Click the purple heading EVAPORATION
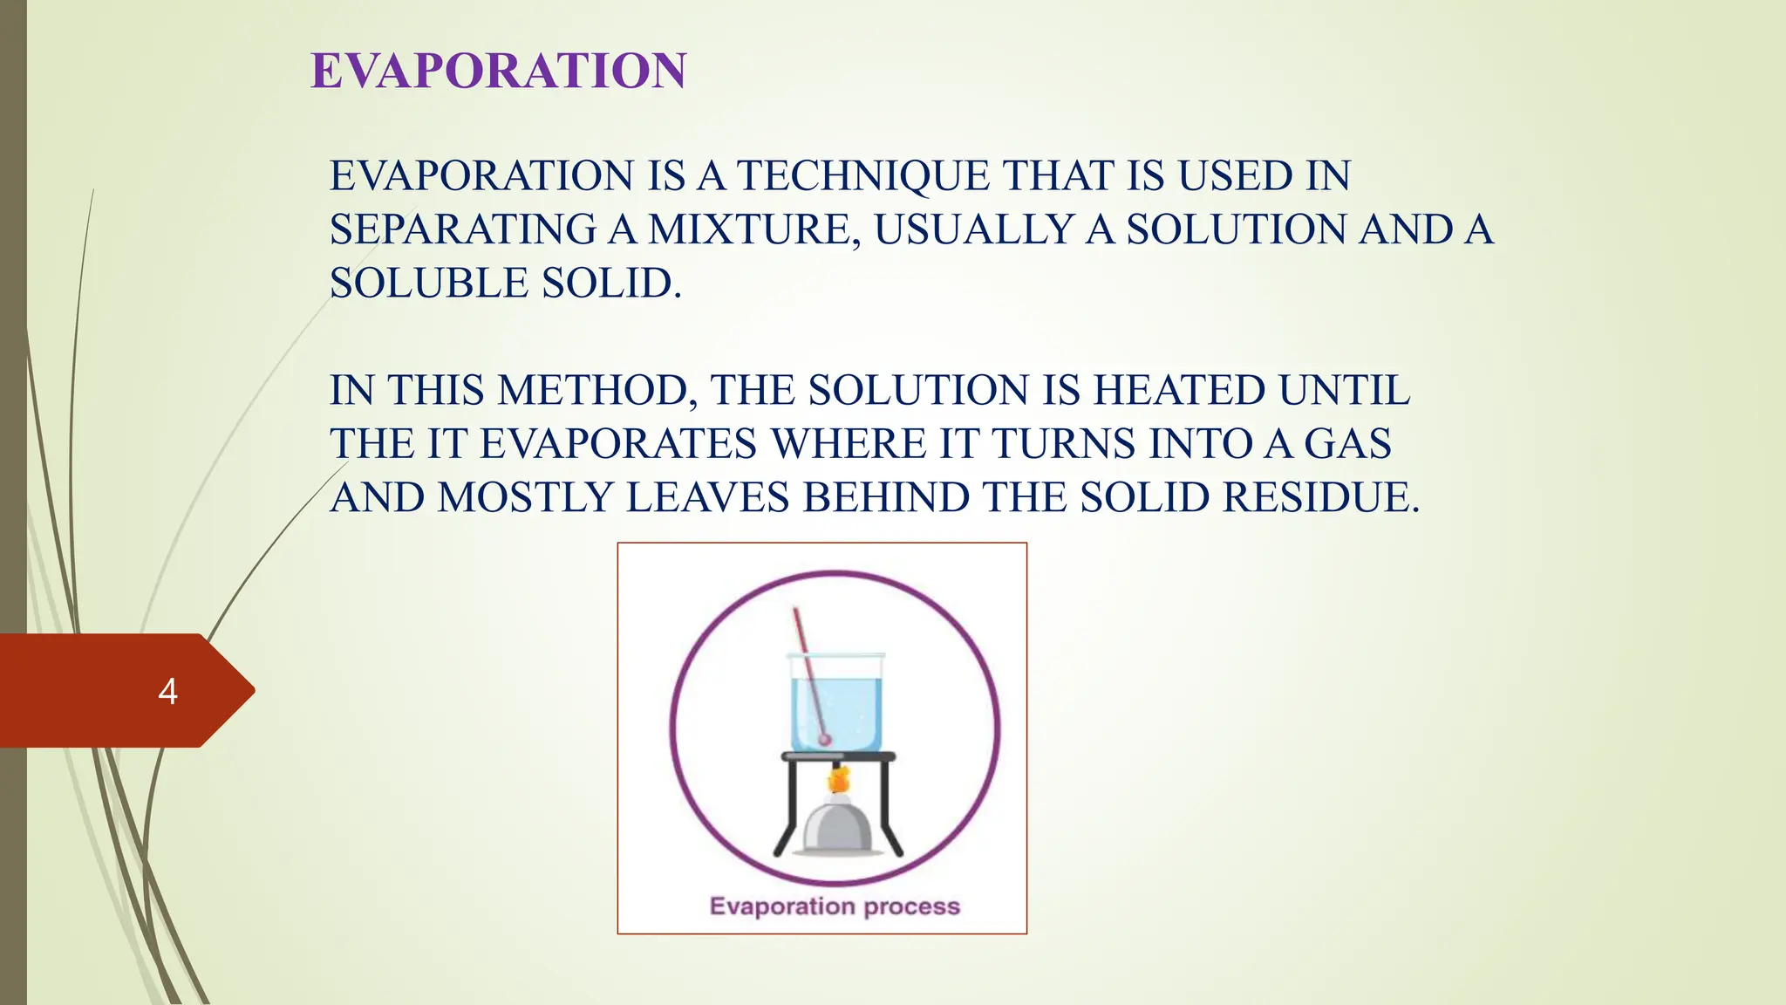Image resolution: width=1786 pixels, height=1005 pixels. point(499,71)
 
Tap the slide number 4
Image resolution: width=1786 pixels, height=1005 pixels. point(167,691)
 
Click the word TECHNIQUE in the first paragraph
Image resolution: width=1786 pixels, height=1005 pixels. point(863,176)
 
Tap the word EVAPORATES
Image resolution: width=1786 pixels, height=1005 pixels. point(618,444)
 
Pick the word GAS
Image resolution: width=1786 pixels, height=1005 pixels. point(1347,444)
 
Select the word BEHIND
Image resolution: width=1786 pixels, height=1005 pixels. point(886,498)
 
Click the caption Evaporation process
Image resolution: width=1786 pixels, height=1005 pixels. point(835,906)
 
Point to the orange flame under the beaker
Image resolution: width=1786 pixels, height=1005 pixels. point(838,778)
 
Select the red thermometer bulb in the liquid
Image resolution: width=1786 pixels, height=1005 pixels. point(824,740)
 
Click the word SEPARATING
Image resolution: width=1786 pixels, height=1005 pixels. point(462,230)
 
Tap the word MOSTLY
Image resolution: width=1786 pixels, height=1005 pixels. point(526,498)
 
